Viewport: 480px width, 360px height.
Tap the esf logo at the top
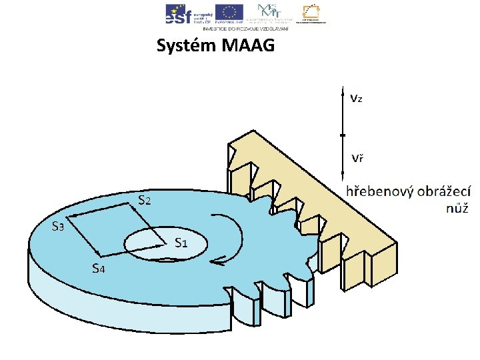click(x=179, y=13)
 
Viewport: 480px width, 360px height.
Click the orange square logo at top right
click(x=310, y=11)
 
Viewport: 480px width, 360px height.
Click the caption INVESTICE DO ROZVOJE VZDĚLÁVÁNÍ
click(x=245, y=29)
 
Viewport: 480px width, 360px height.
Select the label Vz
click(x=357, y=99)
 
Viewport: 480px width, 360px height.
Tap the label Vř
click(x=357, y=159)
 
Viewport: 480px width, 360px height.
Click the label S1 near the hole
click(x=181, y=242)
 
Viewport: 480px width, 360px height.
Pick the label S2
click(x=145, y=199)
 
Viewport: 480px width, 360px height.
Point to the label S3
click(x=59, y=226)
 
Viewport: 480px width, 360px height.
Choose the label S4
click(x=98, y=269)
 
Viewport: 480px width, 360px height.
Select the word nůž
click(x=458, y=208)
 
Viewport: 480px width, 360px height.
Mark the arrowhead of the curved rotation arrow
click(x=213, y=262)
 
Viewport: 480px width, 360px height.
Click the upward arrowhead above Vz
click(x=343, y=88)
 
